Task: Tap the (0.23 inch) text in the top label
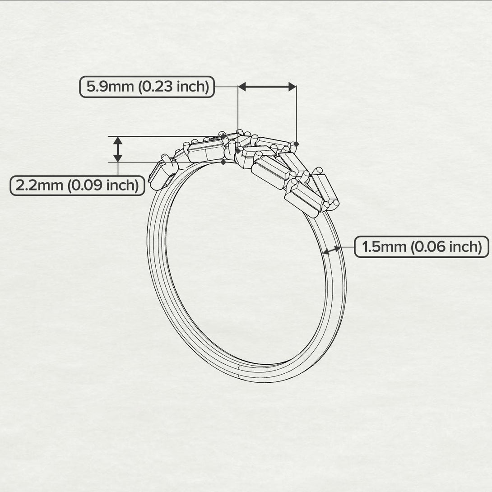pos(173,87)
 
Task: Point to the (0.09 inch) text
pos(102,185)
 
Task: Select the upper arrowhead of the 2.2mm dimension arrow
pos(118,140)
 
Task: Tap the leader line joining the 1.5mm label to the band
pos(348,247)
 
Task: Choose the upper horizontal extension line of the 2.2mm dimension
pos(162,136)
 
